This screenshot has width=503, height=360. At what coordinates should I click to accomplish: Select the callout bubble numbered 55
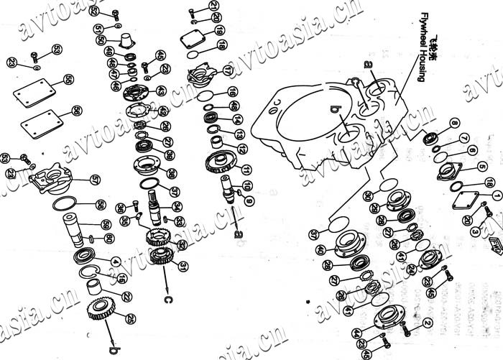point(68,79)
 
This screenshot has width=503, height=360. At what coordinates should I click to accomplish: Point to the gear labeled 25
point(101,309)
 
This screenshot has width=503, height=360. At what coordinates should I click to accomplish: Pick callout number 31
point(184,266)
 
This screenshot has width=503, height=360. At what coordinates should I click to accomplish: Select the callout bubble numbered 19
point(219,30)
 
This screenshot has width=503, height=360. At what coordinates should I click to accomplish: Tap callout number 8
point(453,124)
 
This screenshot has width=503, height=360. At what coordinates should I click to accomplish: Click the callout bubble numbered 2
point(428,323)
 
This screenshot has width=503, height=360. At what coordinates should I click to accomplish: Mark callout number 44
point(357,332)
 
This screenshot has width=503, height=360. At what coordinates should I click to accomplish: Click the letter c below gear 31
point(167,299)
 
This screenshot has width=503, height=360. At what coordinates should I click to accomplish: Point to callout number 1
point(497,195)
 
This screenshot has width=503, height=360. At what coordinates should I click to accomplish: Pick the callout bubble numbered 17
point(227,71)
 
